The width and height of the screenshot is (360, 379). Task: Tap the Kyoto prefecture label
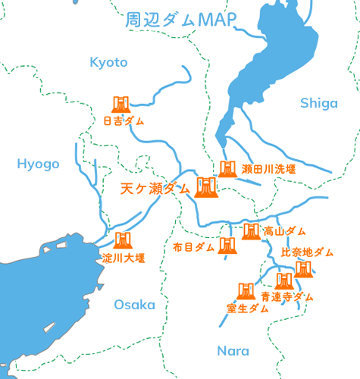pos(109,62)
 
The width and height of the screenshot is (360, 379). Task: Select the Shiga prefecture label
pos(318,104)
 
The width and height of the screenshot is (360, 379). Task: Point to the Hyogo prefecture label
pos(38,164)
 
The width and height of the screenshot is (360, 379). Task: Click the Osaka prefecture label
pos(134,305)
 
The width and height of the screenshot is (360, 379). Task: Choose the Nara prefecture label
pos(233,351)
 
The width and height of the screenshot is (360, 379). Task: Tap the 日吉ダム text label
pos(124,121)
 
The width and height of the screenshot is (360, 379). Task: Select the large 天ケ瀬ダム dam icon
pos(206,187)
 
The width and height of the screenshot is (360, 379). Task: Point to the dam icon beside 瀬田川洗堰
pos(227,168)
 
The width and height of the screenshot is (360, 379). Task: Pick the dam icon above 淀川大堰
pos(121,241)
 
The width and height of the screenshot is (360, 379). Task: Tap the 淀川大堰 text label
pos(124,258)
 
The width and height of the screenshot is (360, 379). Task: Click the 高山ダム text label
pos(285,230)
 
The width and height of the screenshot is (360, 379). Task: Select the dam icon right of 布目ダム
pos(227,246)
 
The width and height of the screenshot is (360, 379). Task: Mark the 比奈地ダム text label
pos(307,252)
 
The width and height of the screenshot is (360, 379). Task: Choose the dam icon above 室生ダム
pos(246,291)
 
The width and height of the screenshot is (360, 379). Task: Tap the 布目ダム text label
pos(194,247)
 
